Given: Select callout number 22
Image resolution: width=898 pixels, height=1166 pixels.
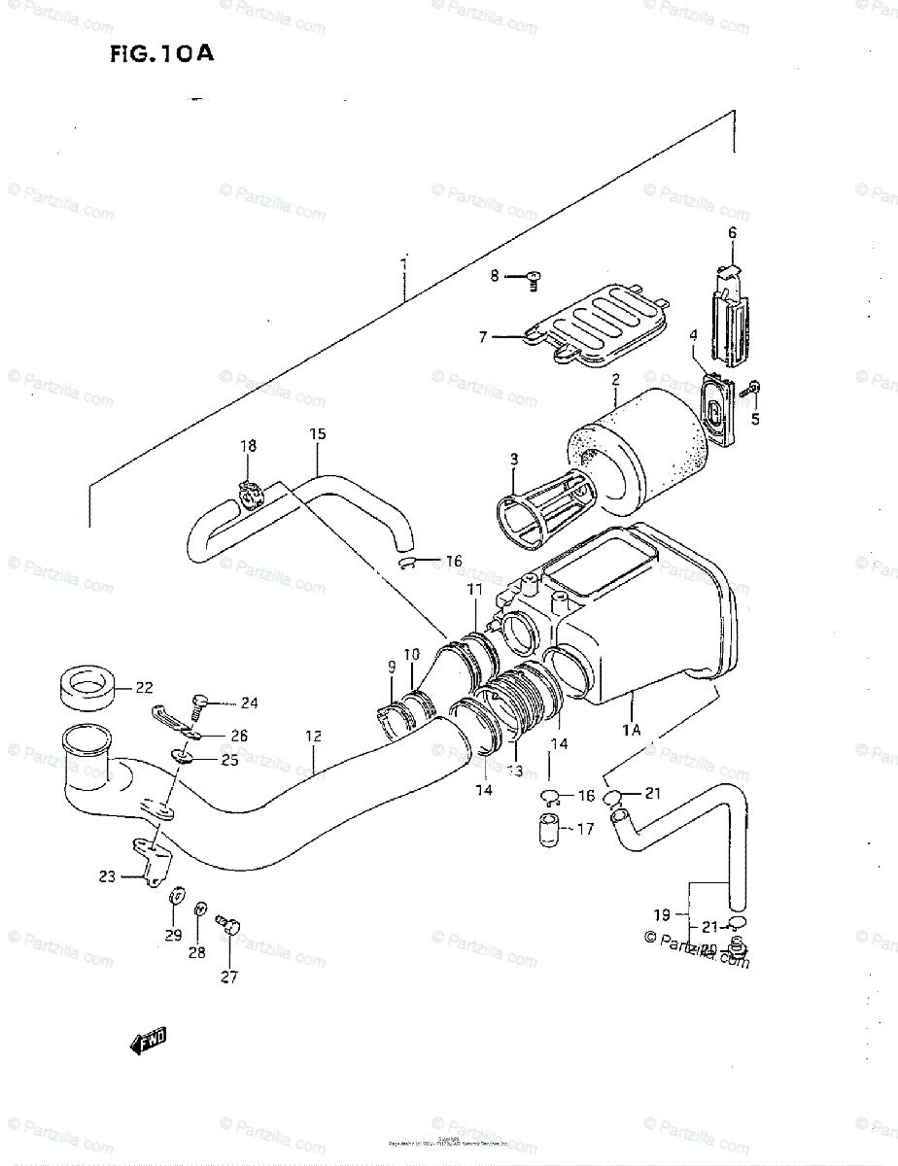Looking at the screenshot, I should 144,688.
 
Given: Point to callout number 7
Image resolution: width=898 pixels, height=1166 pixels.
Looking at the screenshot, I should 482,337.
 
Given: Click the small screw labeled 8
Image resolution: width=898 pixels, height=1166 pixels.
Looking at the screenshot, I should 532,278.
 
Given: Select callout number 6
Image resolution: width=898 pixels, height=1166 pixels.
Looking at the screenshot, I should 733,232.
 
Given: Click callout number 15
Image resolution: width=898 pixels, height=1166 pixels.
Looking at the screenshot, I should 317,434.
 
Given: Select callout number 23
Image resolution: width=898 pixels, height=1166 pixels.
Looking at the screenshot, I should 107,876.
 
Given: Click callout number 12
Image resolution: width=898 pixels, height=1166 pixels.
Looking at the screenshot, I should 313,737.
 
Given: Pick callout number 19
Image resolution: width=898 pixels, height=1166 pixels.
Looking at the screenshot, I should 662,914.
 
